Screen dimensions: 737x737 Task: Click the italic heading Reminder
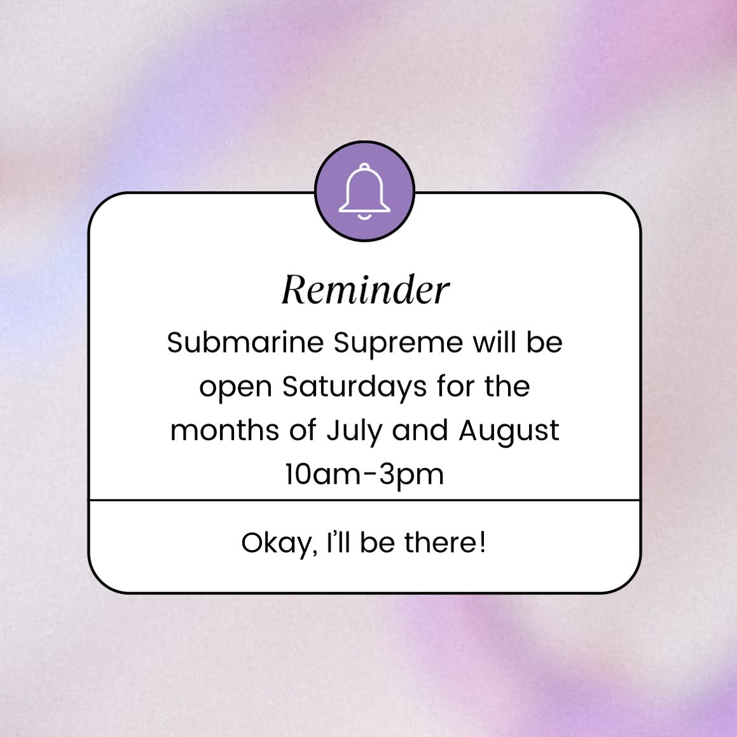[365, 289]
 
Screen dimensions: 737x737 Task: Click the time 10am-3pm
[364, 474]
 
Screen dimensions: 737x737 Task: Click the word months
[224, 430]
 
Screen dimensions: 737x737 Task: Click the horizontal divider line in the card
[365, 500]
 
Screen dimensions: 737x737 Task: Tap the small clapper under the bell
[365, 217]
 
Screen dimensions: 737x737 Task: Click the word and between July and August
[420, 430]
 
